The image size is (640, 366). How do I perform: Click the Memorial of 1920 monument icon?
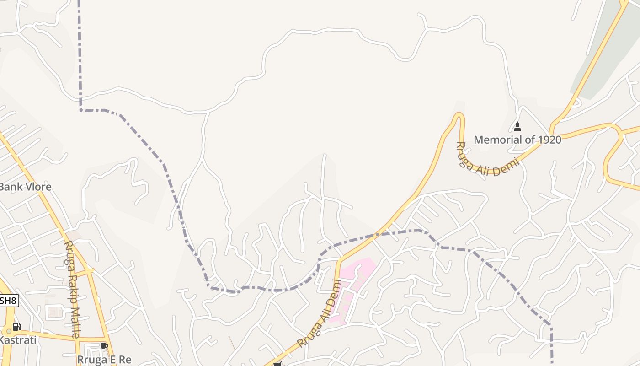(517, 127)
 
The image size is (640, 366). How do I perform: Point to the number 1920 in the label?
(549, 140)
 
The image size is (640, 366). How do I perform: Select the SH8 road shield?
(8, 301)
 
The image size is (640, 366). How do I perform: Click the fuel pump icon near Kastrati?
(16, 327)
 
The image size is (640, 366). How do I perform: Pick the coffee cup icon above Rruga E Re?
(104, 346)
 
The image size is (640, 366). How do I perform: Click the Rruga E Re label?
(104, 360)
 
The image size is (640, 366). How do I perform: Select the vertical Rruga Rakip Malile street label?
(72, 289)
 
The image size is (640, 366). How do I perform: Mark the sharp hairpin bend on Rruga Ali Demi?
(459, 115)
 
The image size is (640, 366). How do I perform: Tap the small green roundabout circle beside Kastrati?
(8, 331)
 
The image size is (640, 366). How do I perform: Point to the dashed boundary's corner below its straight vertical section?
(81, 110)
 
